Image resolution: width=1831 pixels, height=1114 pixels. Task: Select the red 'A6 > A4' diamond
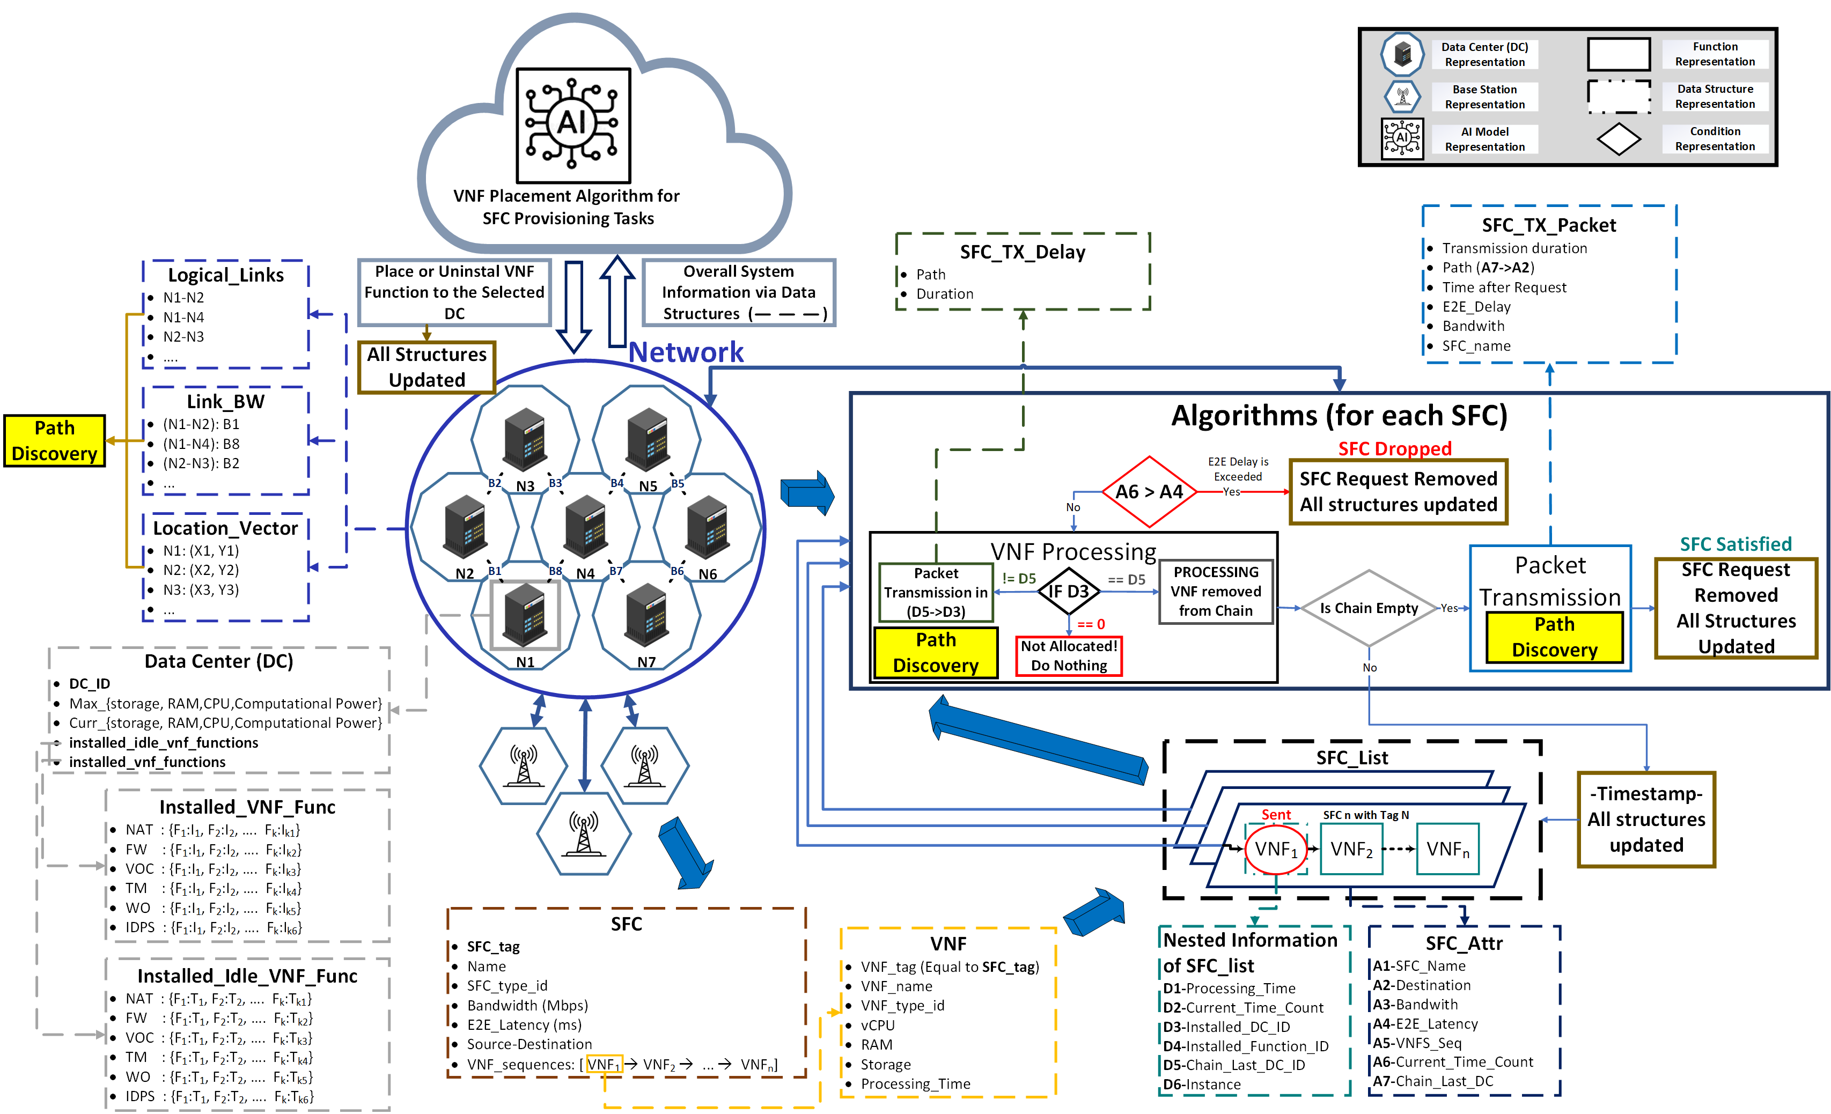tap(1149, 492)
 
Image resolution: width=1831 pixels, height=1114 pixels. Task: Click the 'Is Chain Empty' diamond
tap(1369, 608)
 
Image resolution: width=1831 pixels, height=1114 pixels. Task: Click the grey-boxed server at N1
tap(525, 615)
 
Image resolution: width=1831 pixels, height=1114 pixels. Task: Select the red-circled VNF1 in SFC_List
tap(1275, 849)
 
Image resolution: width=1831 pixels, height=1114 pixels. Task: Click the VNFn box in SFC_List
tap(1447, 849)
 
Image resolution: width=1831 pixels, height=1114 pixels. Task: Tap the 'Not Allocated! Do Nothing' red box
tap(1069, 656)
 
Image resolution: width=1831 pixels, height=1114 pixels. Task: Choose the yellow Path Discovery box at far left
tap(54, 441)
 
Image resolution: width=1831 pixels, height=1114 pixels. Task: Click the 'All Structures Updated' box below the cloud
tap(427, 367)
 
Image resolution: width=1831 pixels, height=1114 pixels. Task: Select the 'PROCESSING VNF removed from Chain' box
tap(1216, 592)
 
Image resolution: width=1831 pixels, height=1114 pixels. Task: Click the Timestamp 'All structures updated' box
tap(1646, 820)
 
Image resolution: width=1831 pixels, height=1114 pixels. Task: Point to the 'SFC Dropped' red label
tap(1394, 449)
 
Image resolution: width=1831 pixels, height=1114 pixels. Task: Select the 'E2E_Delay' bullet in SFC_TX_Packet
tap(1476, 307)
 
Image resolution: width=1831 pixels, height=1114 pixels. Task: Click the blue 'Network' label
tap(685, 352)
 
